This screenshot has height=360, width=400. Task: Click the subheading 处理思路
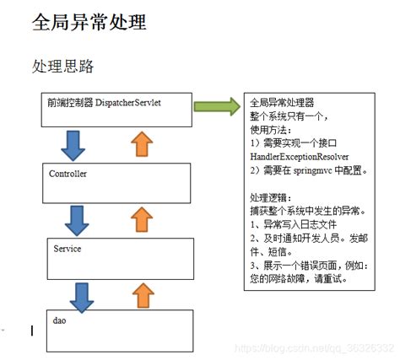coord(62,66)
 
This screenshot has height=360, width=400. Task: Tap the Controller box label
coord(69,174)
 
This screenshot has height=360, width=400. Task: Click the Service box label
coord(67,250)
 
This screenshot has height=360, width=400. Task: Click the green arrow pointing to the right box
coord(215,105)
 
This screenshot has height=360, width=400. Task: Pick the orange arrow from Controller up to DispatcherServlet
coord(144,144)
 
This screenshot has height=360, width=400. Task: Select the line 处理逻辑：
coord(273,196)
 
